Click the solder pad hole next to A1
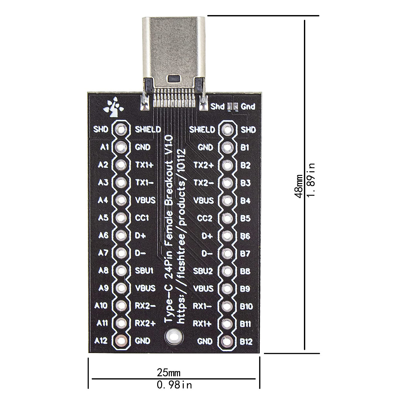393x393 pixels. click(121, 147)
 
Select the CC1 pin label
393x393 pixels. click(142, 218)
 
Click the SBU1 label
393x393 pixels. click(144, 271)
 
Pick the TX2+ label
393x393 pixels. click(204, 165)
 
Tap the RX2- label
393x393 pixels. click(145, 306)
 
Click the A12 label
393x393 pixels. click(101, 341)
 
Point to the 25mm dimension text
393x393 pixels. click(169, 373)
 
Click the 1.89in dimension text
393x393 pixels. click(311, 180)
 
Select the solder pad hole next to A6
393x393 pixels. click(121, 235)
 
